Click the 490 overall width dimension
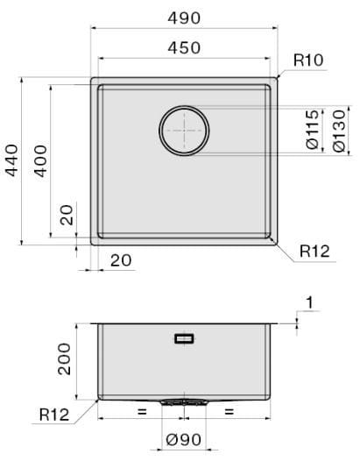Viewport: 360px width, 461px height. (184, 18)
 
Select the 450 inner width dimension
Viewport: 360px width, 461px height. (184, 48)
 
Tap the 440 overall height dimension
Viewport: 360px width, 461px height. (12, 160)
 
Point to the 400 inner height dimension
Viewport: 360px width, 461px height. (40, 160)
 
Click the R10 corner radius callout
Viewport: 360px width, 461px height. (308, 60)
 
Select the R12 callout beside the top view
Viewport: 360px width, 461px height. (314, 251)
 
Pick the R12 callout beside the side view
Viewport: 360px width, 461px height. (54, 415)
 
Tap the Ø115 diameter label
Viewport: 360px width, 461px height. (312, 130)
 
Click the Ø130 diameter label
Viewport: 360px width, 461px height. (339, 131)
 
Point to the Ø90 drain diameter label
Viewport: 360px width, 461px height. (184, 440)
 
